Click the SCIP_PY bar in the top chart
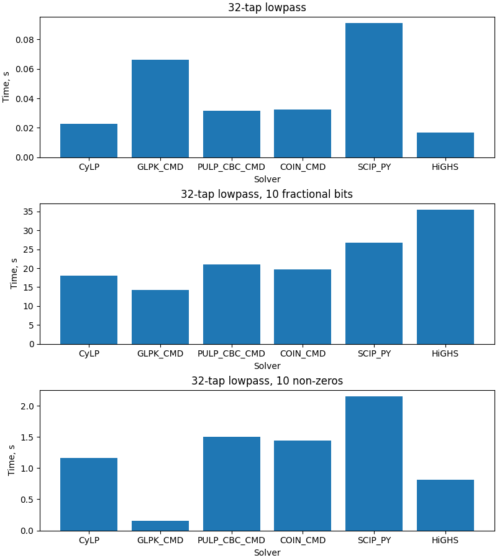pos(374,90)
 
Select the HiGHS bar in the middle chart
pos(445,277)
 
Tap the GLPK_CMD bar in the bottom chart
pos(160,526)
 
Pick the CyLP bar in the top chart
pos(89,141)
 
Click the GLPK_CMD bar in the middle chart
pos(160,317)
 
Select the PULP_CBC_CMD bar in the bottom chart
pos(231,483)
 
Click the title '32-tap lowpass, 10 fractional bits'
pos(267,194)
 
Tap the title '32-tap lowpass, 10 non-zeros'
pos(267,381)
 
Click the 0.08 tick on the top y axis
pos(25,40)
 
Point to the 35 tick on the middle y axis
pos(29,212)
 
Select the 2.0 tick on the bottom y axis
pos(28,406)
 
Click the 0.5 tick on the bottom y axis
pos(28,500)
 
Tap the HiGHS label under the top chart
pos(445,167)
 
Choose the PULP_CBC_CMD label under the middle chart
pos(231,353)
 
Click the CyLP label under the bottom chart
pos(89,540)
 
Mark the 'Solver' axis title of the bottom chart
pos(267,553)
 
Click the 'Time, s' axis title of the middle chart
pos(14,274)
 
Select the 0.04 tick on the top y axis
pos(25,98)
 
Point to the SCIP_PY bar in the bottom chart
pos(374,464)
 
